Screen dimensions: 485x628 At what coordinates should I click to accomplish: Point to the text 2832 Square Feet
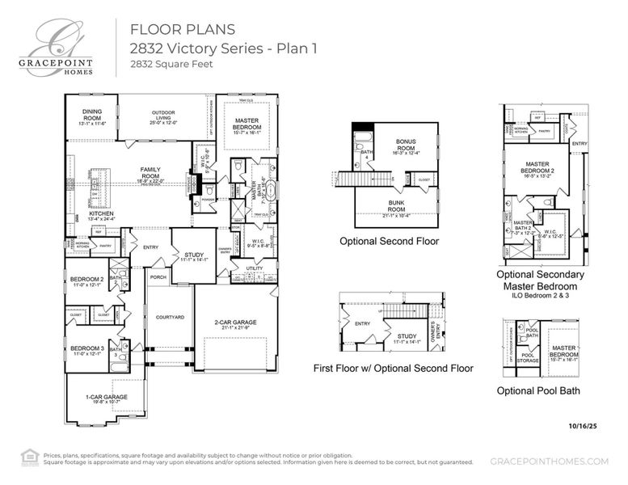(x=171, y=64)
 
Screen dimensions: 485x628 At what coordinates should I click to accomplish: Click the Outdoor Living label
(x=163, y=117)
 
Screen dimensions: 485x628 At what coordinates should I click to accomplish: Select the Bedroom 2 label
(x=86, y=280)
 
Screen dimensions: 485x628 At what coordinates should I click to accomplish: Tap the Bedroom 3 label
(x=86, y=350)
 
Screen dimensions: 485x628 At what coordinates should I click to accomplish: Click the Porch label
(x=158, y=277)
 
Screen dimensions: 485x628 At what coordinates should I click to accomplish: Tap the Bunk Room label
(x=395, y=212)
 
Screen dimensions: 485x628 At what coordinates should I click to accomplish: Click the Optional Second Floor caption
(x=390, y=241)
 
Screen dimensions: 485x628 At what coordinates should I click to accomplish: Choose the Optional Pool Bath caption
(x=537, y=391)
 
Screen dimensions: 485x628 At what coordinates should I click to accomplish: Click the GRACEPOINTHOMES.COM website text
(x=549, y=461)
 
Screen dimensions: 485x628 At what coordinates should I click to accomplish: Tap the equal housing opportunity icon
(x=30, y=457)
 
